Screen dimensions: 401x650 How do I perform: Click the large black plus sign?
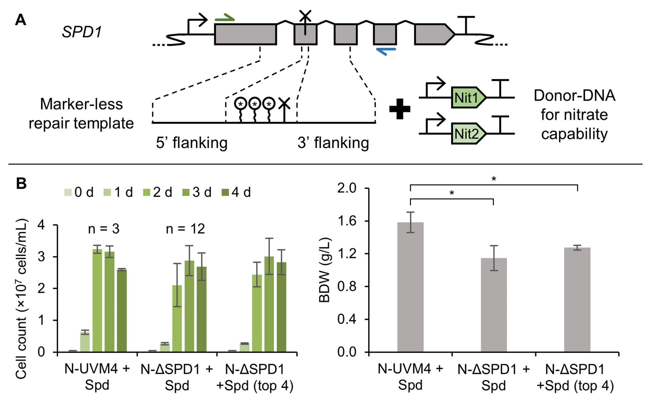pyautogui.click(x=400, y=109)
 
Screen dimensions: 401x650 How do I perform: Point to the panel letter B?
pyautogui.click(x=21, y=183)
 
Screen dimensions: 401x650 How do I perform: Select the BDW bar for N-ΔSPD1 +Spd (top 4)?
pyautogui.click(x=577, y=300)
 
